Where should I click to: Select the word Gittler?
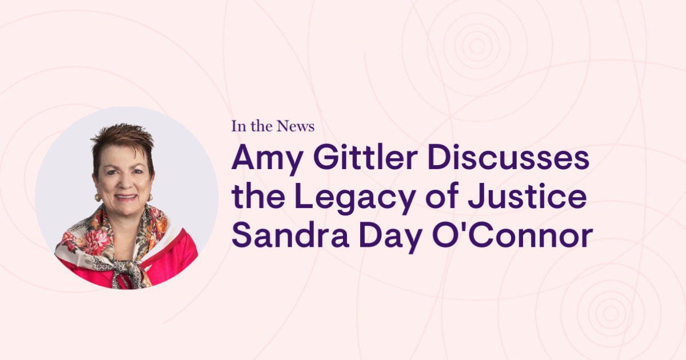pos(366,157)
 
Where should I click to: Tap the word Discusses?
pos(508,157)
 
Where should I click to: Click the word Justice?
pos(527,196)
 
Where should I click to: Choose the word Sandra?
pos(290,235)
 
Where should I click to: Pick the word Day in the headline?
pos(390,238)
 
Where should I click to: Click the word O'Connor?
pos(513,235)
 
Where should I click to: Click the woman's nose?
pos(125,183)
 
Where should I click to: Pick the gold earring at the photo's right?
pos(150,197)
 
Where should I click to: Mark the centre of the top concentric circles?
pos(477,46)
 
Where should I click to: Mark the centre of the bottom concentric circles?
pos(611,313)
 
